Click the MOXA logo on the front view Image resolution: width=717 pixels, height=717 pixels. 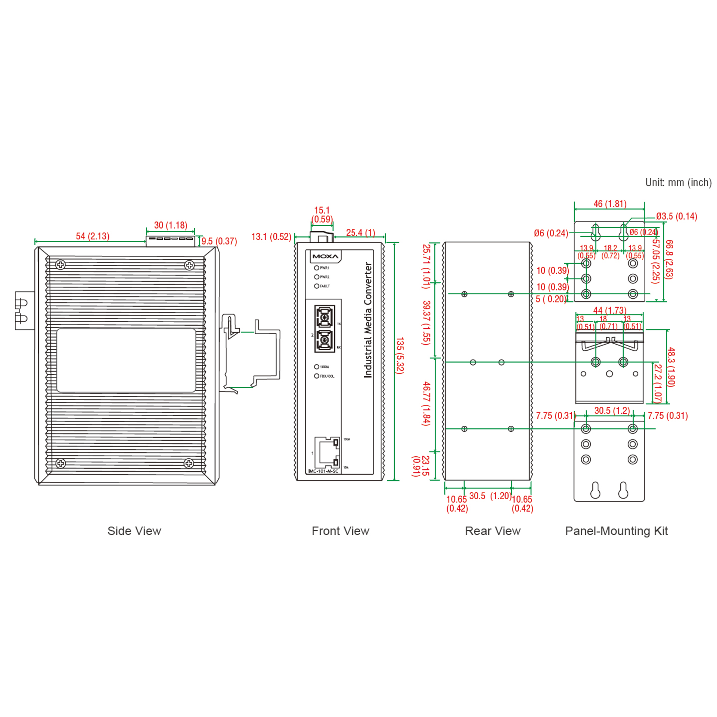coord(325,257)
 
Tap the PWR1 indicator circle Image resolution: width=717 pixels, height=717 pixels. coord(317,268)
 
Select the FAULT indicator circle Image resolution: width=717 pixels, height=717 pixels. coord(317,286)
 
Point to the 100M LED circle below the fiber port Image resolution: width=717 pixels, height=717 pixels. coord(317,367)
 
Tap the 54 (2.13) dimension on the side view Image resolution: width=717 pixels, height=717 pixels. coord(93,236)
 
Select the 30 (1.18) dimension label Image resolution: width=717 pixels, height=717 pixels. coord(171,225)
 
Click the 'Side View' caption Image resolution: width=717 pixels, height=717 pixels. coord(134,531)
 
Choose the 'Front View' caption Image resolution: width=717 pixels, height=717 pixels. coord(340,531)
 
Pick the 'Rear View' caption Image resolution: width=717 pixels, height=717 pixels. coord(493,531)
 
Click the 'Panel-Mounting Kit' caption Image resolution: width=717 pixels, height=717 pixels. coord(616,531)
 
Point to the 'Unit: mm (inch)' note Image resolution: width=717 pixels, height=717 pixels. coord(678,182)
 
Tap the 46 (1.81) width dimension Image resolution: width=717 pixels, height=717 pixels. coord(610,204)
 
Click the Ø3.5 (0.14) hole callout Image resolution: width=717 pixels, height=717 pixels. coord(676,216)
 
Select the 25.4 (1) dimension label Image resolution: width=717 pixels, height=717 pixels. coord(360,233)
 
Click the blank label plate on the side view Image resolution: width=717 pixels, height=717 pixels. coord(126,360)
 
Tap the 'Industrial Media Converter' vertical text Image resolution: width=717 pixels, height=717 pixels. coord(368,320)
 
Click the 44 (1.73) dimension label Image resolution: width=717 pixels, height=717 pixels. coord(610,310)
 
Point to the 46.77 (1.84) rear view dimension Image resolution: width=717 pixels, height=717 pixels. coord(426,404)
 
